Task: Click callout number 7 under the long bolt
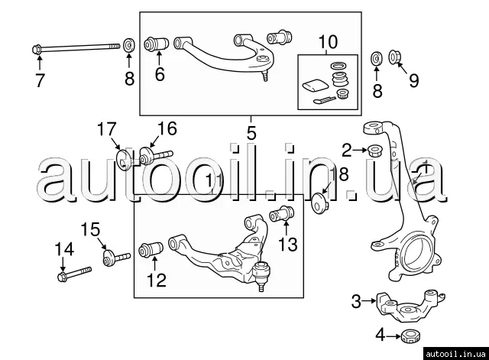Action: (40, 79)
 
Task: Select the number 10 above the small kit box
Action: (327, 41)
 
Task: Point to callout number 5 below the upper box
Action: (251, 133)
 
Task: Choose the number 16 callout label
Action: (167, 128)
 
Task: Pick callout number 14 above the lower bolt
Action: (64, 248)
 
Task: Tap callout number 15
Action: (90, 229)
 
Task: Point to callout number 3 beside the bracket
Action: (355, 301)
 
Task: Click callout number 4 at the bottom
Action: (380, 334)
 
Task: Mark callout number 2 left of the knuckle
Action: (348, 148)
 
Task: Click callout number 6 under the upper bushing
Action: (159, 74)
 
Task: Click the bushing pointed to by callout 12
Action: (151, 250)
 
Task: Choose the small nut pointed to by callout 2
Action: (375, 150)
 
